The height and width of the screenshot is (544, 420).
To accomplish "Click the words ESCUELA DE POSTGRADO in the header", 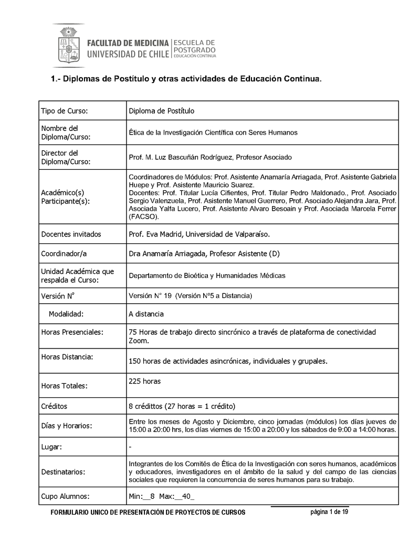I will (x=194, y=46).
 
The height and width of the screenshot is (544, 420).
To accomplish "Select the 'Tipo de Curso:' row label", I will (x=64, y=111).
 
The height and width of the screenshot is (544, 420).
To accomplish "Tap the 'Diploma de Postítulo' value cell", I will (x=162, y=111).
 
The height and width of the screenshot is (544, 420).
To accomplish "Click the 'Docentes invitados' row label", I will (x=71, y=234).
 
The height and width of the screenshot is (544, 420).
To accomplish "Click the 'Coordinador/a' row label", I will (x=64, y=254).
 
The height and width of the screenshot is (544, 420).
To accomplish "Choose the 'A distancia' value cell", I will (x=146, y=314).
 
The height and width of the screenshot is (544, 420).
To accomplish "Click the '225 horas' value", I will (x=144, y=381).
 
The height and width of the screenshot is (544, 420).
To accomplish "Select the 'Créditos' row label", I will (x=54, y=406).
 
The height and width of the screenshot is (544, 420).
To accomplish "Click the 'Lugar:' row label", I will (x=51, y=447).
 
